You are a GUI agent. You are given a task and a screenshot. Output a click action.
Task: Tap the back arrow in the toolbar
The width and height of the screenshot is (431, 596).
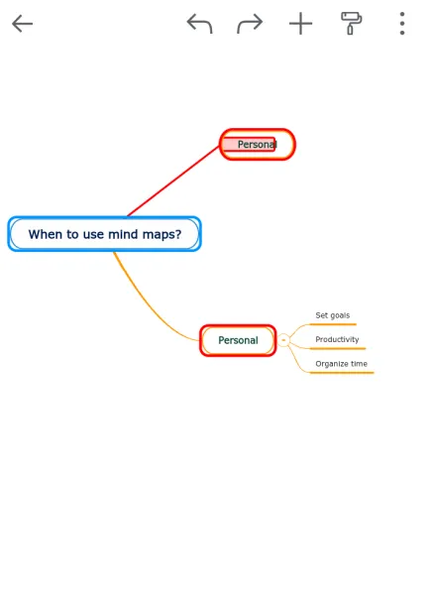[x=23, y=24]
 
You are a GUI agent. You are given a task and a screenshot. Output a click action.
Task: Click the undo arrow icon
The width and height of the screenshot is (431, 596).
[x=200, y=24]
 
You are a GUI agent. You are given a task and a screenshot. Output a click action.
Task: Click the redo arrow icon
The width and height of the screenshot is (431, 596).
[x=250, y=24]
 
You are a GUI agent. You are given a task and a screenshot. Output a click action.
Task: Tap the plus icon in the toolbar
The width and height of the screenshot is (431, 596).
[x=301, y=24]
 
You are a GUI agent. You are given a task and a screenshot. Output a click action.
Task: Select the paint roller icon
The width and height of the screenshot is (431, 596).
[x=352, y=23]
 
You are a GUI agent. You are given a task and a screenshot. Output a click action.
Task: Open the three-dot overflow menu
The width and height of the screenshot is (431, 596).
[x=402, y=24]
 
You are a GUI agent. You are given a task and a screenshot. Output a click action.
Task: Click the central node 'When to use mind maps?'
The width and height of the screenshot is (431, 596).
[x=104, y=234]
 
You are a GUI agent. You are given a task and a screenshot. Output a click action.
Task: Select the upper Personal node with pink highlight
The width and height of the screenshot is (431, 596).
[x=257, y=145]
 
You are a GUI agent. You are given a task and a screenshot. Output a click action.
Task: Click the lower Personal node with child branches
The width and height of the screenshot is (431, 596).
[x=238, y=340]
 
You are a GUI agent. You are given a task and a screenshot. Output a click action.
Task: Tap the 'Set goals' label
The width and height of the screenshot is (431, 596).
[x=333, y=315]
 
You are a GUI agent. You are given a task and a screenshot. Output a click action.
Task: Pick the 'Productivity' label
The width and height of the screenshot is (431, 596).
[x=337, y=339]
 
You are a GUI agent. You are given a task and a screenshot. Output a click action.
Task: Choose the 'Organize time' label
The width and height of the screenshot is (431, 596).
[x=342, y=364]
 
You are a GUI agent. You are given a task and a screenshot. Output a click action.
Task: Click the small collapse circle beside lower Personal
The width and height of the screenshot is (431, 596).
[x=283, y=340]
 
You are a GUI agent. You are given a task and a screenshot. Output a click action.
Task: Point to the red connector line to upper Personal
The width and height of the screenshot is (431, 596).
[x=173, y=181]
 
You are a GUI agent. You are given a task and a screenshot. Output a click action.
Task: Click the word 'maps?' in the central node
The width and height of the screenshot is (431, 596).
[x=162, y=235]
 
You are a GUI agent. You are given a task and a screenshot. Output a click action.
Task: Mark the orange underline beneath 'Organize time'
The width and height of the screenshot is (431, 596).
[x=342, y=373]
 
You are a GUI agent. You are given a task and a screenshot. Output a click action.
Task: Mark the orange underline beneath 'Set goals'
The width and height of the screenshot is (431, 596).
[x=333, y=324]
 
